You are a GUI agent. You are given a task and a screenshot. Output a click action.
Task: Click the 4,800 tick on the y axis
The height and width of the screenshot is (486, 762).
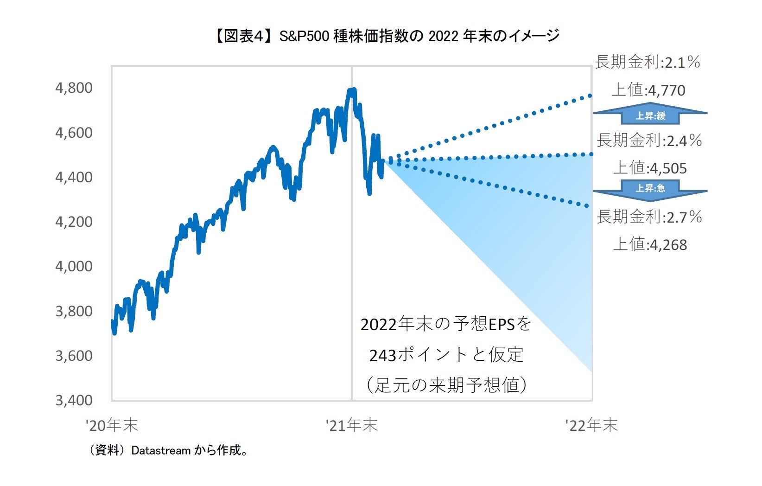pos(74,88)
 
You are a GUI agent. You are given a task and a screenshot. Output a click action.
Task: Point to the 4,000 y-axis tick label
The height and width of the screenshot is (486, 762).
pos(74,266)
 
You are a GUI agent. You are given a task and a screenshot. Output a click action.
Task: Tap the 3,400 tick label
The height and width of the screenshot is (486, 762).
pos(74,400)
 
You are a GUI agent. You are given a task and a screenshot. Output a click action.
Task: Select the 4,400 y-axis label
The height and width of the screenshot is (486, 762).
pos(74,177)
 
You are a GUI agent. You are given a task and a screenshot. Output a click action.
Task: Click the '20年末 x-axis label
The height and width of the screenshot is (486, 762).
pos(112,425)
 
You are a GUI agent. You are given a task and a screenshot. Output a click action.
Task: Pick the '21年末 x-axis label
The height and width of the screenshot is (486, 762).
pos(352,425)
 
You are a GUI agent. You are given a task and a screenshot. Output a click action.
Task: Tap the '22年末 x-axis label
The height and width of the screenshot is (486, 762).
pos(591,425)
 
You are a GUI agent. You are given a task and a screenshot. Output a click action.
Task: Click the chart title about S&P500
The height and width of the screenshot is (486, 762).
pos(387,36)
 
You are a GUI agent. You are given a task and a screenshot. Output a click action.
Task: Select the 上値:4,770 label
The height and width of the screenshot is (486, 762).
pos(648,90)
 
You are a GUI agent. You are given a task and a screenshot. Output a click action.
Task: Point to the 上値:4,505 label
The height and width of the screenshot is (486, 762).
pos(650,168)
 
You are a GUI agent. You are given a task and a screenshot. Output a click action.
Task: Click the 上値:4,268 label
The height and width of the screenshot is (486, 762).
pos(650,244)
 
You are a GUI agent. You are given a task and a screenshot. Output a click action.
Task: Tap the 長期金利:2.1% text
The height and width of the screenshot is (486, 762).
pos(647,62)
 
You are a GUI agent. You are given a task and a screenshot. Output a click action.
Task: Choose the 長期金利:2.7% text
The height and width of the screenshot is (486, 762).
pos(649,217)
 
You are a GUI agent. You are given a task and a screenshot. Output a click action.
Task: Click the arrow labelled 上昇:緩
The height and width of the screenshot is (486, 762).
pos(650,115)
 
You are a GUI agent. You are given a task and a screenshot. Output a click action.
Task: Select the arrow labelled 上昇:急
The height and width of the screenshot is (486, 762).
pos(650,189)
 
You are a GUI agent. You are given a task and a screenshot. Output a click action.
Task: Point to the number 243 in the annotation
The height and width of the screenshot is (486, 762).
pos(382,356)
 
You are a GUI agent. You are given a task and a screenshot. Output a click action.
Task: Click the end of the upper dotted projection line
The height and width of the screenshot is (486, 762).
pos(590,96)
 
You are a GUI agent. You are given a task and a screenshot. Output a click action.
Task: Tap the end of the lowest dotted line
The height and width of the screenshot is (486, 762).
pos(587,206)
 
